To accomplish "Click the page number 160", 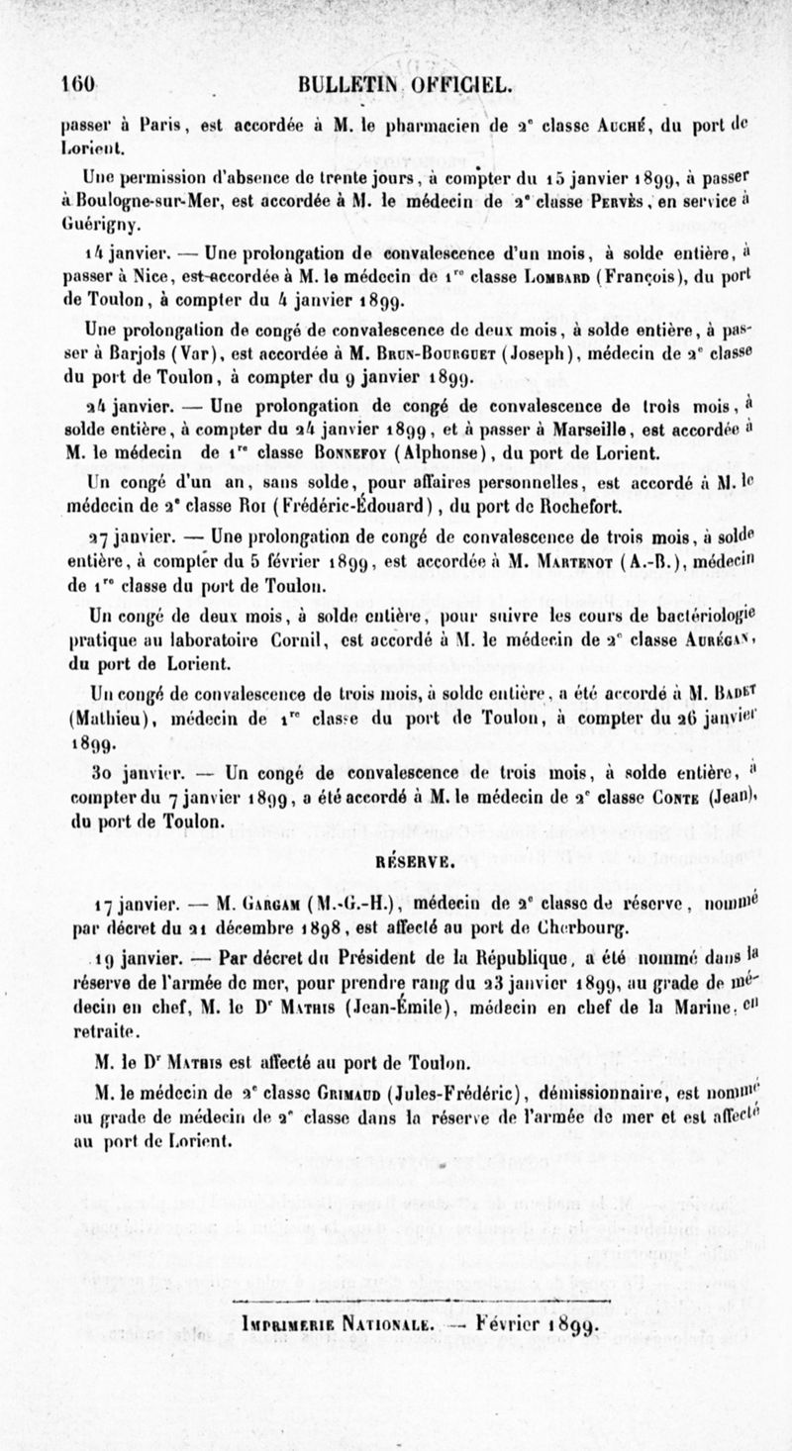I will [77, 85].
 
